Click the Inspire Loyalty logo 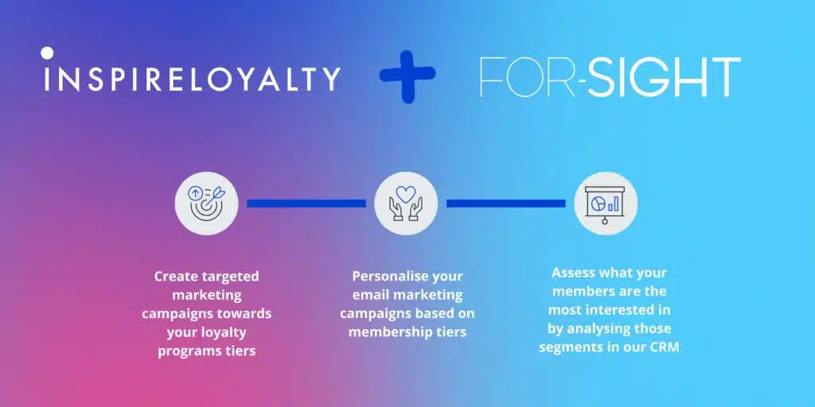[x=192, y=78]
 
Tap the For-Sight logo [x=610, y=78]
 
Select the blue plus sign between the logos [x=407, y=77]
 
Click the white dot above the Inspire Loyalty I [x=47, y=53]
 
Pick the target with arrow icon [x=206, y=203]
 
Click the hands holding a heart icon [x=406, y=203]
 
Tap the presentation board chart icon [x=605, y=203]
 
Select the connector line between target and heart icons [x=306, y=203]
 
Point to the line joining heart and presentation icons [x=505, y=203]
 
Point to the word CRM [x=663, y=347]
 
